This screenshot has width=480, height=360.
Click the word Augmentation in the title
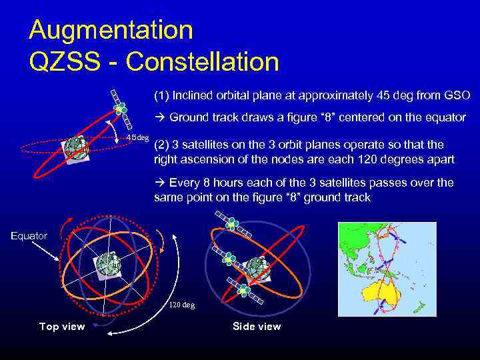coord(111,30)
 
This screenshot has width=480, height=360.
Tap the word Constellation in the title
coord(202,62)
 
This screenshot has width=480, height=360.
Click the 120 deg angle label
coord(181,304)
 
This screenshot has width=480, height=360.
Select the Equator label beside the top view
coord(29,235)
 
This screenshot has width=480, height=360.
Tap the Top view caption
coord(62,326)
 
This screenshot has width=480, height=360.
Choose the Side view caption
coord(257,326)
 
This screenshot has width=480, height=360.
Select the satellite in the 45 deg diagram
coord(119,107)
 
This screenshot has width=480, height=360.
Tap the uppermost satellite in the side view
coord(230,225)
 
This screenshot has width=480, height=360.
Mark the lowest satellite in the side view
coord(244,289)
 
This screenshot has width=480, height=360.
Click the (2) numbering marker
coord(161,145)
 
